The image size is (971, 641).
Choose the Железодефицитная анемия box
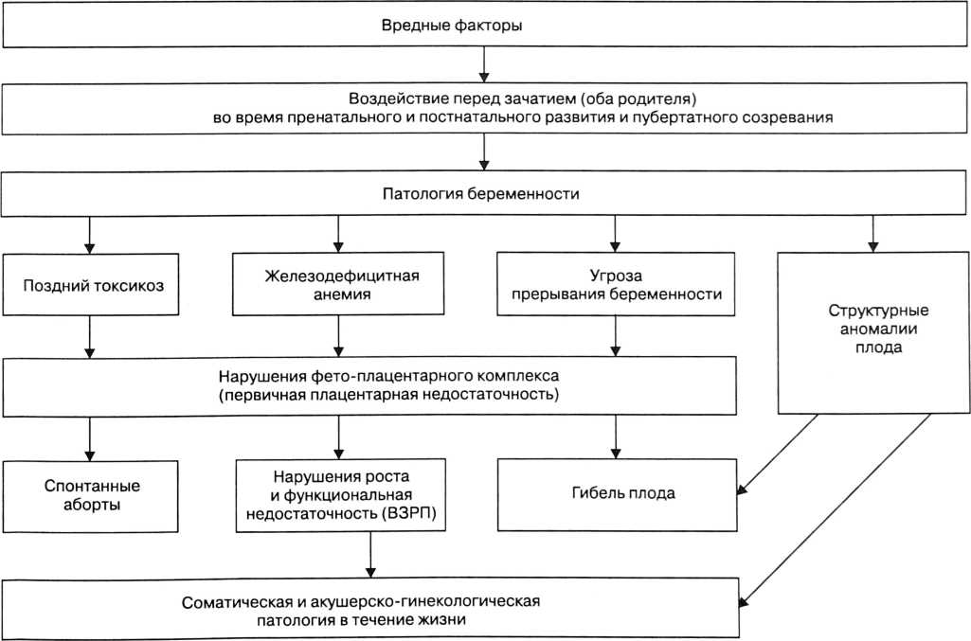point(339,284)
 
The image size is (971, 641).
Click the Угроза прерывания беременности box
point(616,284)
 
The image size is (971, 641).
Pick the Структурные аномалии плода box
point(872,331)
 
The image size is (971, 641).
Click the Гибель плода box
point(616,495)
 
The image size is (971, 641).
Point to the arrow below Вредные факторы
point(484,65)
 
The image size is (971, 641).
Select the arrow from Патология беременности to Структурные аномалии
point(872,234)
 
